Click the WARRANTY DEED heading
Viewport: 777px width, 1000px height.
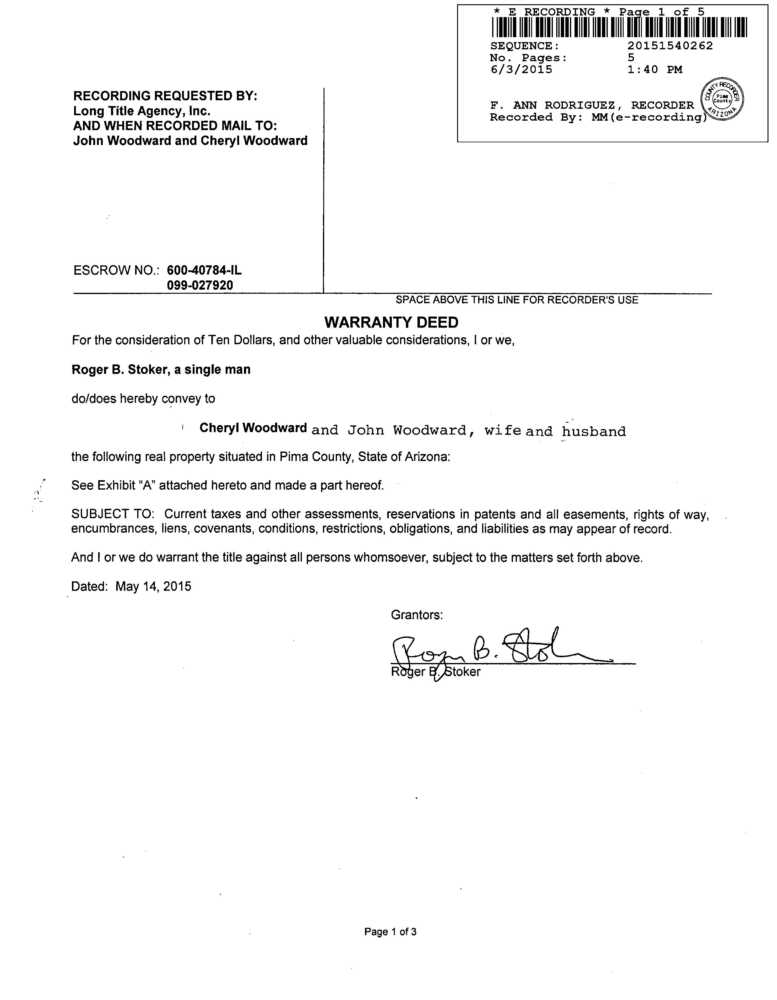click(391, 322)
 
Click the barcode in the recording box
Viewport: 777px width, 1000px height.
click(619, 27)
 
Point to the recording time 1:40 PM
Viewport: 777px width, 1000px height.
click(655, 69)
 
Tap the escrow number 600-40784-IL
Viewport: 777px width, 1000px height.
click(204, 270)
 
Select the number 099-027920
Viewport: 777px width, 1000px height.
click(200, 285)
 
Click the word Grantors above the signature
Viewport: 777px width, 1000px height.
click(417, 615)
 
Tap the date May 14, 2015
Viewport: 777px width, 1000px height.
click(153, 587)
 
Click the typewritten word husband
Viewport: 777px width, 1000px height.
click(594, 431)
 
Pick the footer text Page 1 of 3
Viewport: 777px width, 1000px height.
click(390, 932)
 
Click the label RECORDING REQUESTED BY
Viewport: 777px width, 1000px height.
click(165, 96)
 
